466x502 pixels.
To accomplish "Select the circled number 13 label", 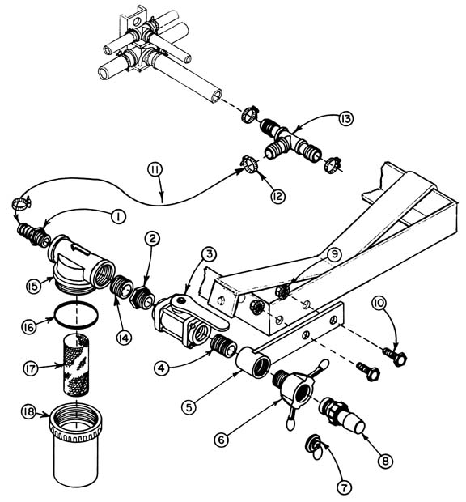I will (346, 120).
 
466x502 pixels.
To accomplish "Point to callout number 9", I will (334, 253).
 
